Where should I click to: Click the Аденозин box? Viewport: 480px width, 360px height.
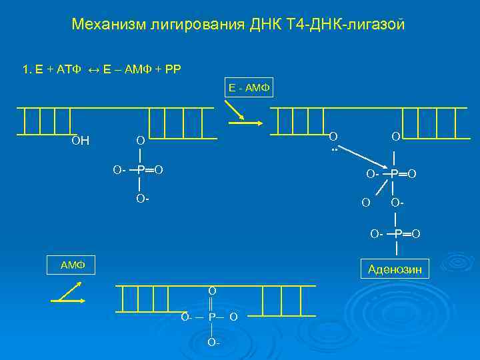coord(395,269)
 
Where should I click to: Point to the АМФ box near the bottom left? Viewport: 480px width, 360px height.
coord(71,265)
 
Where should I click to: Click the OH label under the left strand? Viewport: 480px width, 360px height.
coord(81,141)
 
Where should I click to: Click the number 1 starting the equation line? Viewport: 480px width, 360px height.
coord(25,69)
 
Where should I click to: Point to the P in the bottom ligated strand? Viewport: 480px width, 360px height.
coord(211,317)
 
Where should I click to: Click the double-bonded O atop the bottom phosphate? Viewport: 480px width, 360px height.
coord(211,291)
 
